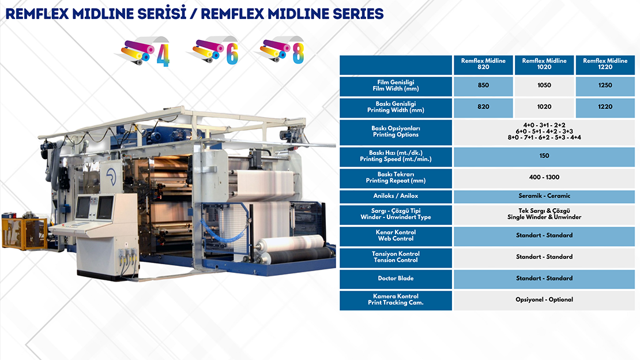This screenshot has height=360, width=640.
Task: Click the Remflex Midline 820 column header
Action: click(483, 64)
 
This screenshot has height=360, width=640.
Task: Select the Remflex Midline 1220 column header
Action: click(605, 64)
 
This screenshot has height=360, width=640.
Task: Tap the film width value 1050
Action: click(544, 85)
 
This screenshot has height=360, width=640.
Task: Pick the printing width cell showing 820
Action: click(483, 107)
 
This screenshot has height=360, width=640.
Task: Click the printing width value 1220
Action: click(605, 107)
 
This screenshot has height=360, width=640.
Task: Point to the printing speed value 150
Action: click(544, 156)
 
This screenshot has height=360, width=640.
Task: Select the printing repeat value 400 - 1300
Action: click(544, 177)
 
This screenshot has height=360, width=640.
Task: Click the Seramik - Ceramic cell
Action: click(544, 196)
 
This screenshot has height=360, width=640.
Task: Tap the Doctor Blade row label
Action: click(396, 279)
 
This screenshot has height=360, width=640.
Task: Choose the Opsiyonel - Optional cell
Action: click(544, 300)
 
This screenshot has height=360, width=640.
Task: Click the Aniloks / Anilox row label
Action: click(396, 196)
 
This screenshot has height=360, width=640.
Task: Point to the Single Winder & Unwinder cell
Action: click(544, 214)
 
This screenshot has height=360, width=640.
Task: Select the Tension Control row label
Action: click(396, 257)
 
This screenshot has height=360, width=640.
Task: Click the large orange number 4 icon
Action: click(163, 55)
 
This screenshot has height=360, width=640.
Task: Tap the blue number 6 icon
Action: click(232, 54)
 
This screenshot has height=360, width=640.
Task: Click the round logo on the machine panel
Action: click(111, 176)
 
